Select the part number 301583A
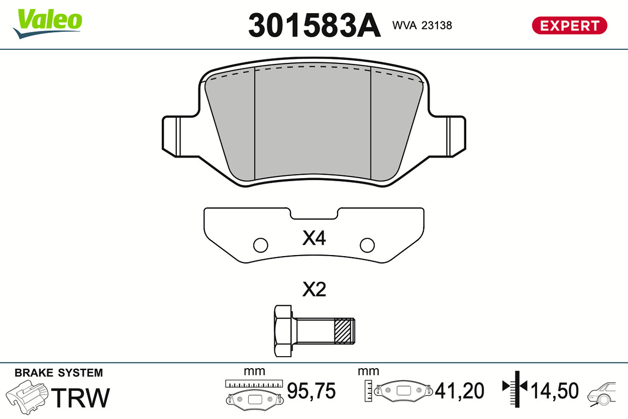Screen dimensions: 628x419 point(315,25)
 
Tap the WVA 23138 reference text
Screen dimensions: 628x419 point(422,26)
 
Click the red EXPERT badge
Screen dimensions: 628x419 point(569,26)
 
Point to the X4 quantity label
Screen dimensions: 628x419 point(314,238)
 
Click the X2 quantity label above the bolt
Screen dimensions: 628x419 point(314,289)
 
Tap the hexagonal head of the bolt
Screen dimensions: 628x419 point(284,331)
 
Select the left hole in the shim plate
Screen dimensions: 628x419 point(261,245)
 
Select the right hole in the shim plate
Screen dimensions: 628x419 point(367,245)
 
